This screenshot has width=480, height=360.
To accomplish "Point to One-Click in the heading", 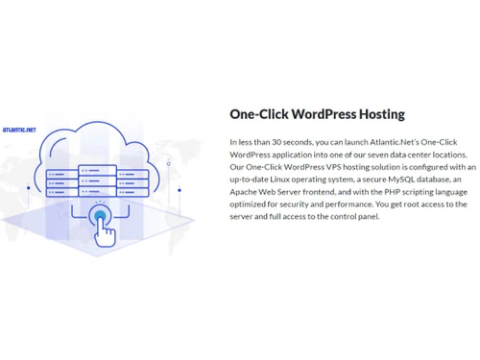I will pos(254,114).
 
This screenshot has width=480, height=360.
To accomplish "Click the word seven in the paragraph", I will pos(384,155).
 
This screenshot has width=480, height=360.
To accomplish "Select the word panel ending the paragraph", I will pos(369,217).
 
